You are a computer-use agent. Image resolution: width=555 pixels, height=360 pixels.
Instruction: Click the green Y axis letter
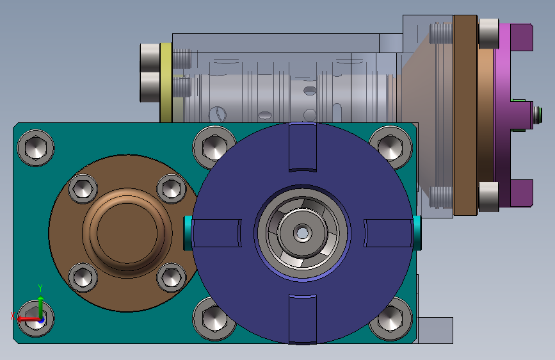coord(40,288)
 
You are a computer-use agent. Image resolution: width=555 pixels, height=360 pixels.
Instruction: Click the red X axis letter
coord(12,316)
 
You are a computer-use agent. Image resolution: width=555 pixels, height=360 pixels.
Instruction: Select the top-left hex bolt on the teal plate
coord(36,148)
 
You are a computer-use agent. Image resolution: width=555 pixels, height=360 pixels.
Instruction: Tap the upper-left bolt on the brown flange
coord(83,189)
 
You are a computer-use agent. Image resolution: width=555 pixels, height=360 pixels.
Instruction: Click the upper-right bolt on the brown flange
coord(172,189)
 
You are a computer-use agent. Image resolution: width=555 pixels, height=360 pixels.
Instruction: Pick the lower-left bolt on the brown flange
coord(83,277)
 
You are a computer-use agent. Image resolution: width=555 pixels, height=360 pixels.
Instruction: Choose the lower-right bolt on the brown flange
coord(172,277)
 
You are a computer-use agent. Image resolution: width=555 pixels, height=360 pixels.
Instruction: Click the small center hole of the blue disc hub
coord(302,233)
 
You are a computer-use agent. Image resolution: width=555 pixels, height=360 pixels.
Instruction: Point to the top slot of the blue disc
coord(303,147)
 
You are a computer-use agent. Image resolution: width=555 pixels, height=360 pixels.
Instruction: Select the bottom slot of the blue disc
coord(303,319)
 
